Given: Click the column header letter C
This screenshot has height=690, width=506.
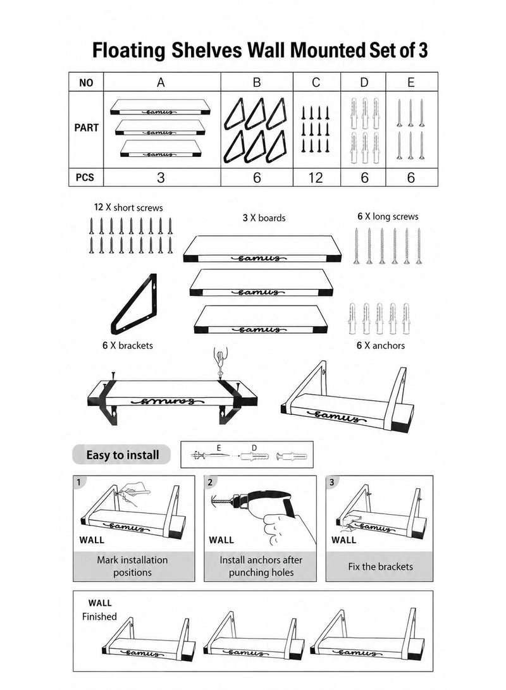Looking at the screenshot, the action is pos(316,82).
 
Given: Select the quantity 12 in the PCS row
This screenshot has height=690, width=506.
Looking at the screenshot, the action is pos(316,177).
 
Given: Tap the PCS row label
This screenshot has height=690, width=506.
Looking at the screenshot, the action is pos(85,177).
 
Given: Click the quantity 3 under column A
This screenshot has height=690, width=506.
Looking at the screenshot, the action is pos(161,177).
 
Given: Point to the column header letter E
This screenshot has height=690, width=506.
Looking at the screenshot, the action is pos(411,82).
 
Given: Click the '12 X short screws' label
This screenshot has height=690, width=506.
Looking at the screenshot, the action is pos(128,207).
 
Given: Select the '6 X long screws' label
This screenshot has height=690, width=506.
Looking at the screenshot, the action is pos(388,216).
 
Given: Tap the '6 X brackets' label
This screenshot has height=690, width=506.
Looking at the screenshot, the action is pos(128,345).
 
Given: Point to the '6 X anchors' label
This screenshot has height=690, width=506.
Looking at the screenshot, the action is pos(381,345).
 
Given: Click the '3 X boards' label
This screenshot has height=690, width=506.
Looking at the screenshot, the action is pos(264,218).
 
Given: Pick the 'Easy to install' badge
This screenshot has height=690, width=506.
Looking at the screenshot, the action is pos(122,455).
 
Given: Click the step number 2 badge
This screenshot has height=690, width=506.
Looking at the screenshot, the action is pos(210,482).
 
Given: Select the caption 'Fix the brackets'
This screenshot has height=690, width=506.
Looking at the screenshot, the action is pos(381,566).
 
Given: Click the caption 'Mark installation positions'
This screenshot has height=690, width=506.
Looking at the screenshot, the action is pos(132,566).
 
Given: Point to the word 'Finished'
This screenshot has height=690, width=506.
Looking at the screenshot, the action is pos(99,617).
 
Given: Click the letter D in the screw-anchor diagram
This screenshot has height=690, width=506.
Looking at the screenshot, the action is pos(254,448).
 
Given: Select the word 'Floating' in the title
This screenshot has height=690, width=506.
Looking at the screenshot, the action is pos(129,51).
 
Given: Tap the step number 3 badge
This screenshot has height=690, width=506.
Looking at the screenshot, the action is pos(332,482).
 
